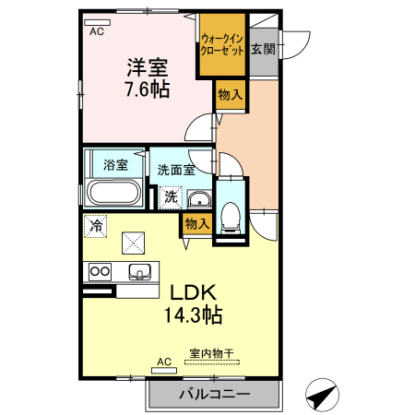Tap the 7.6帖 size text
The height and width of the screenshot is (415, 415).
(147, 89)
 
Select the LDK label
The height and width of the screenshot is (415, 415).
(192, 292)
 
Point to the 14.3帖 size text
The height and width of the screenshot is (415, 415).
(192, 314)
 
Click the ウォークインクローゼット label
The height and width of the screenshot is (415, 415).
(222, 45)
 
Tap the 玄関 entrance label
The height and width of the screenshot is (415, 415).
(261, 48)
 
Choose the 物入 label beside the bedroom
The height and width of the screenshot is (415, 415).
(230, 94)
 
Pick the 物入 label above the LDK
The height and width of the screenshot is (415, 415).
(196, 223)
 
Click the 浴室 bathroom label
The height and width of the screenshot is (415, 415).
(114, 166)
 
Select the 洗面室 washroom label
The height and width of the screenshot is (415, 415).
(175, 170)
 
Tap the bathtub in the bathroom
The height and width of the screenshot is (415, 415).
(113, 195)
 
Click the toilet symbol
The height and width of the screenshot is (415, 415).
(229, 214)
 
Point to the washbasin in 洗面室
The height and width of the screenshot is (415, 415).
(197, 199)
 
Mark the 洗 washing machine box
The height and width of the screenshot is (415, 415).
(171, 196)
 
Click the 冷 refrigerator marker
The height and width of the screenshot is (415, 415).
(95, 224)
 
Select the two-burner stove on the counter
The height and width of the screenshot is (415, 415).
(100, 272)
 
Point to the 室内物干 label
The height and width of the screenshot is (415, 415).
(211, 353)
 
